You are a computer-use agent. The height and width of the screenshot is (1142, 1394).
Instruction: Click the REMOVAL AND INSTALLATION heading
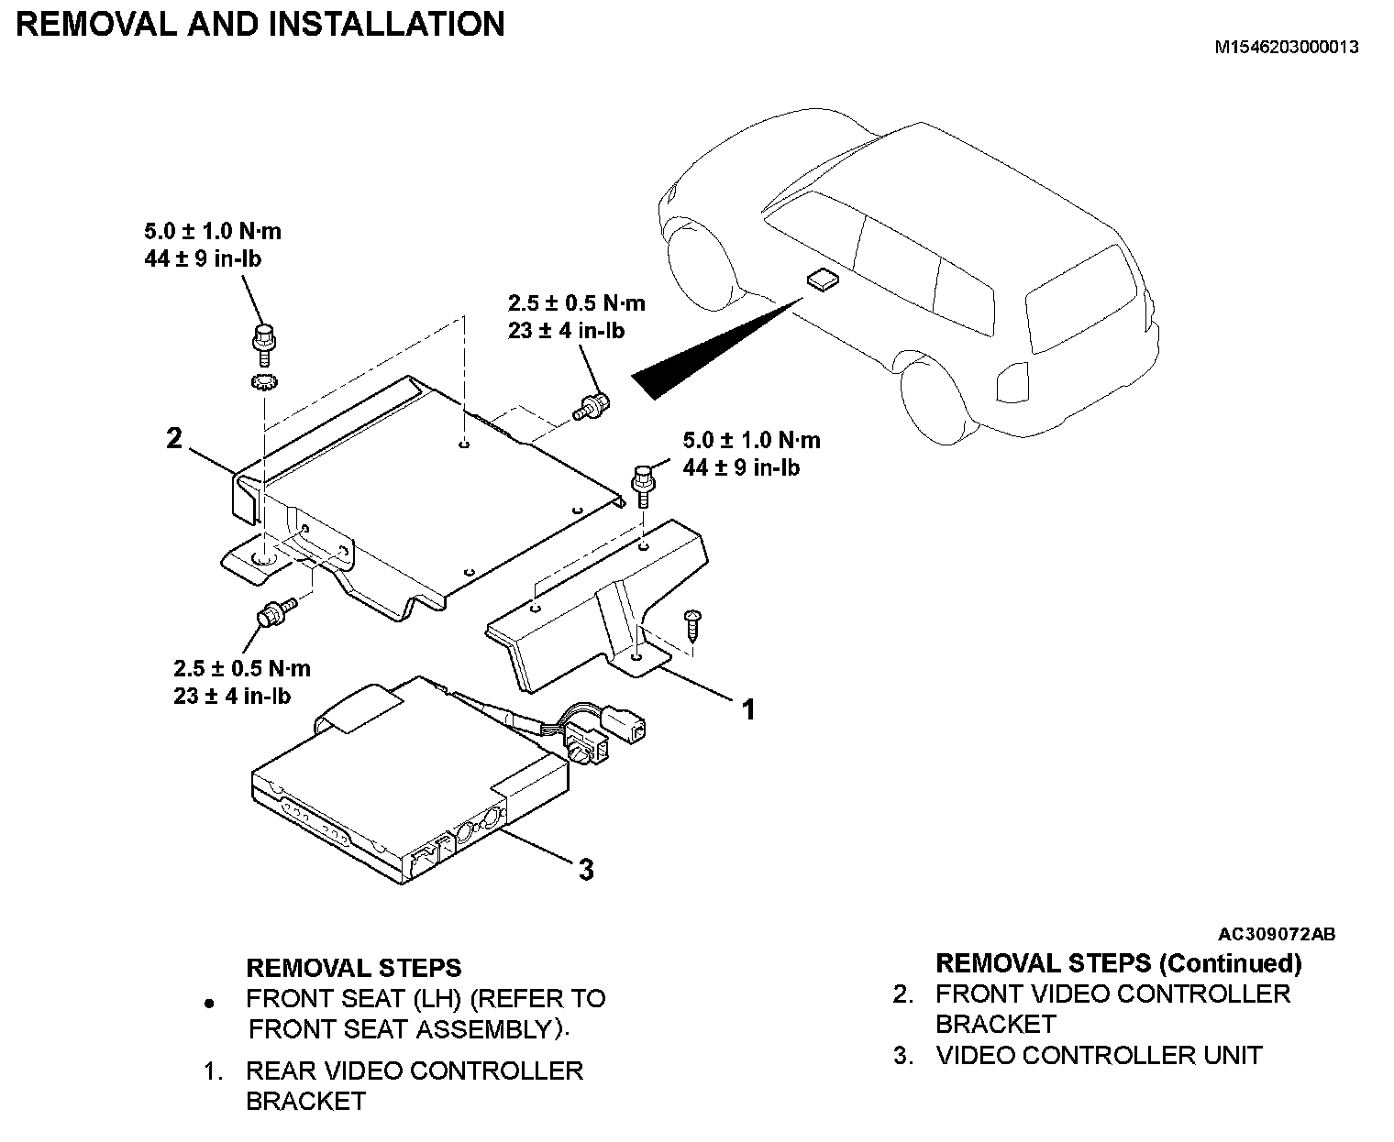tap(260, 24)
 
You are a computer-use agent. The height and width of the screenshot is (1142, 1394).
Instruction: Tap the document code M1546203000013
tap(1286, 48)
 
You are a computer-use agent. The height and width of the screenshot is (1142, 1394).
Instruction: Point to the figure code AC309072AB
tap(1276, 934)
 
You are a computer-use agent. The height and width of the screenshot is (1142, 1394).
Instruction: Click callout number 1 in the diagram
tap(748, 708)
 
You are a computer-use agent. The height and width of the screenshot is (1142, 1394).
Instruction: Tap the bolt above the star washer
tap(264, 340)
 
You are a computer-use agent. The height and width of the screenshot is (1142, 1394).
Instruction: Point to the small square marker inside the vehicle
tap(821, 280)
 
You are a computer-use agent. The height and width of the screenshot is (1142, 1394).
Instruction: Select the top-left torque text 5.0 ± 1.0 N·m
tap(212, 231)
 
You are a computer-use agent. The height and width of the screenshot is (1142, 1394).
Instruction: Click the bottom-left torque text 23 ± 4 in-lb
tap(232, 696)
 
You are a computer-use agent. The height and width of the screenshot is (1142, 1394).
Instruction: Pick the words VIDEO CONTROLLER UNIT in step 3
tap(1099, 1055)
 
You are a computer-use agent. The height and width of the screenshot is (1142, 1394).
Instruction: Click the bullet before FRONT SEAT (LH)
tap(211, 1005)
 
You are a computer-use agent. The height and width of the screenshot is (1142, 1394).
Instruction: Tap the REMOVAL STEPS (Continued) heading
tap(1118, 963)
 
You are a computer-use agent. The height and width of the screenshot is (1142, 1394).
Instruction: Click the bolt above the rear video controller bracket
tap(642, 482)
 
